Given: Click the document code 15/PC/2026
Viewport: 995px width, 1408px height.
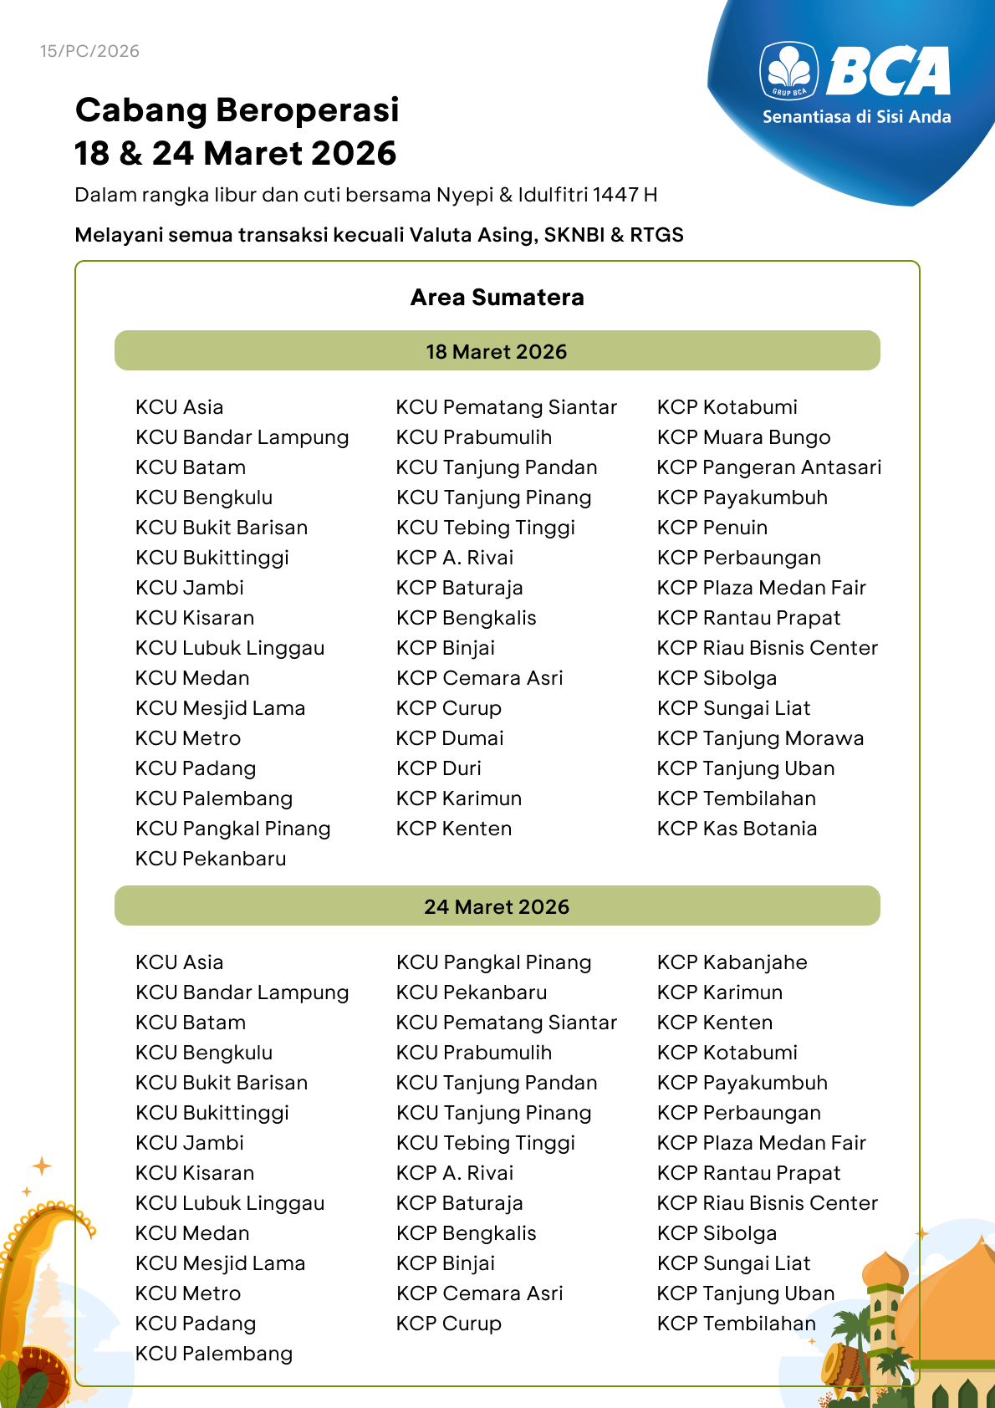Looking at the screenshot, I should (x=89, y=51).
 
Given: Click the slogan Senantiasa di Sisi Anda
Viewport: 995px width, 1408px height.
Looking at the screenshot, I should (x=856, y=117).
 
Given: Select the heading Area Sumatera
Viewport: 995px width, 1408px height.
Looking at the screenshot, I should (x=497, y=298).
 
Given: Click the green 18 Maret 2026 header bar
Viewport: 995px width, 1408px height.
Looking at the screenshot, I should (x=497, y=351).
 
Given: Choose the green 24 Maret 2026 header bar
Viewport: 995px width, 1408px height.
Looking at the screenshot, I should (x=497, y=906).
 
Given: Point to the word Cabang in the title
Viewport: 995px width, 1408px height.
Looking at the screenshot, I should (x=141, y=110).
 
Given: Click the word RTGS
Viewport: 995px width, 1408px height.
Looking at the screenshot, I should (x=656, y=235).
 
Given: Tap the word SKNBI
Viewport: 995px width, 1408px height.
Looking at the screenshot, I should (x=574, y=235).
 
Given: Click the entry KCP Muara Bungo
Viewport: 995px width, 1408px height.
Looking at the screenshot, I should (x=743, y=437).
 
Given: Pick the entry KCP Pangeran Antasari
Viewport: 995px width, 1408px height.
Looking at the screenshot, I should (x=768, y=467).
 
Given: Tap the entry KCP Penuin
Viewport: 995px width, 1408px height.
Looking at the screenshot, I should (x=712, y=528).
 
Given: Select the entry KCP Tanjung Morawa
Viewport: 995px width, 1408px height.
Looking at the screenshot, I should (x=760, y=738).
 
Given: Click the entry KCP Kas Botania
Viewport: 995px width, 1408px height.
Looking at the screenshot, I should (x=737, y=829).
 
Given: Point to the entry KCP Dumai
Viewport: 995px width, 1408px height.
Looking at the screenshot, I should (x=450, y=738).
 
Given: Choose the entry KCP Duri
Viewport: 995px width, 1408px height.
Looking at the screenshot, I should (x=439, y=768).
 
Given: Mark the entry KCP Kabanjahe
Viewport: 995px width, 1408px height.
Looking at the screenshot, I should (x=732, y=962).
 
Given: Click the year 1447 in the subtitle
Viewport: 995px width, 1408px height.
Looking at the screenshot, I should (x=615, y=195).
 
